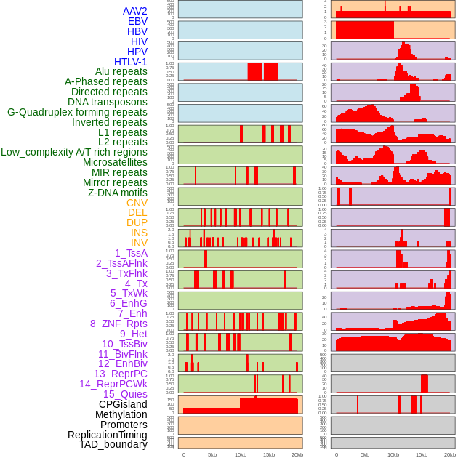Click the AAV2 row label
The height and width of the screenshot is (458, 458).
(134, 11)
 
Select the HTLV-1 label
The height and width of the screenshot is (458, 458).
(130, 62)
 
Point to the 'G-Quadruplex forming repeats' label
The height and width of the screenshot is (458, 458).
(77, 113)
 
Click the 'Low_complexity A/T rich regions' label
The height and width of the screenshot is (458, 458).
(74, 152)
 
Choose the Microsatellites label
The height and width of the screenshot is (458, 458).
(115, 162)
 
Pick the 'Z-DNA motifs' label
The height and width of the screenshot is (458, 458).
(117, 193)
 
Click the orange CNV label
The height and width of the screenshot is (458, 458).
(137, 203)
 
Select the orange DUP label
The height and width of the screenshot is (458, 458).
(137, 222)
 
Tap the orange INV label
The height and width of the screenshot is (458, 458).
(139, 243)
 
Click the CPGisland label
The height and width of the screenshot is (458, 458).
(123, 404)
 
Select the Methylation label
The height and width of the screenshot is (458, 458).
(121, 414)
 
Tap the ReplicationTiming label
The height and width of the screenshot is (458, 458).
(107, 435)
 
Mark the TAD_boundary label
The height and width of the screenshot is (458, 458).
(113, 444)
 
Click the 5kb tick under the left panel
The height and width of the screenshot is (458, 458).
(212, 454)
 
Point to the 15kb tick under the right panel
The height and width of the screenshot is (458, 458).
(422, 454)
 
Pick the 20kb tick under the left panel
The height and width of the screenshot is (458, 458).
(297, 454)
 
